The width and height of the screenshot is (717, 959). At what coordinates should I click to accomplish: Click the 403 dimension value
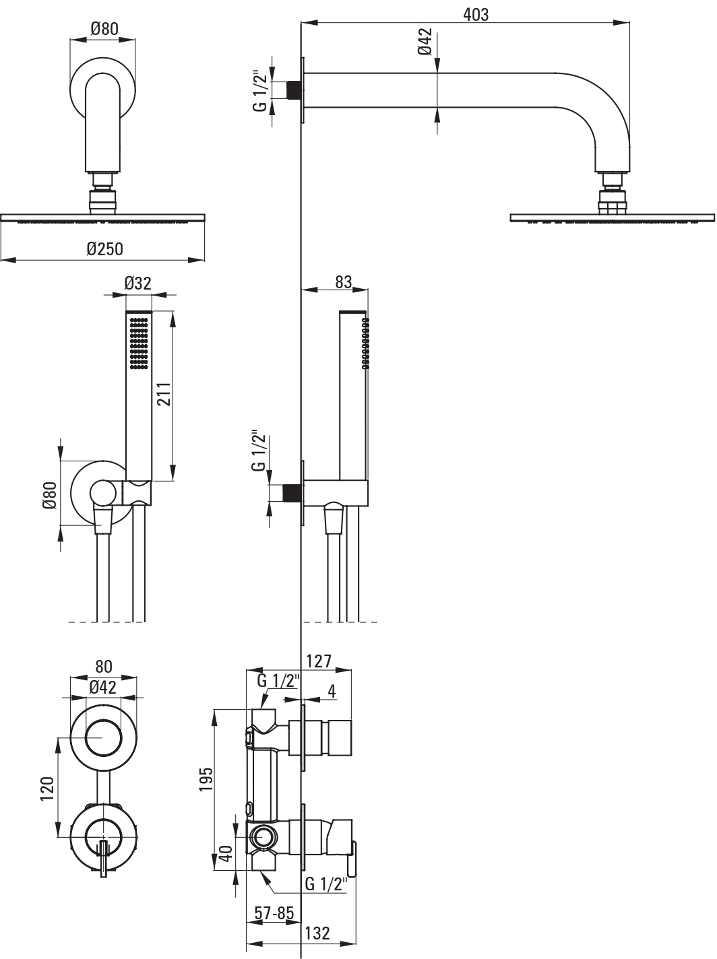476,14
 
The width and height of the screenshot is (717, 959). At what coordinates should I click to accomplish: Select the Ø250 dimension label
105,249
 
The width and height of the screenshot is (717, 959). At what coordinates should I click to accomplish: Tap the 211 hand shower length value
164,394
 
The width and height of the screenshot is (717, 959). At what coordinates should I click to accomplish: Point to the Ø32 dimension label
137,284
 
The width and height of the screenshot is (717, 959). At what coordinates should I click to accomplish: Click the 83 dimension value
344,282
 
